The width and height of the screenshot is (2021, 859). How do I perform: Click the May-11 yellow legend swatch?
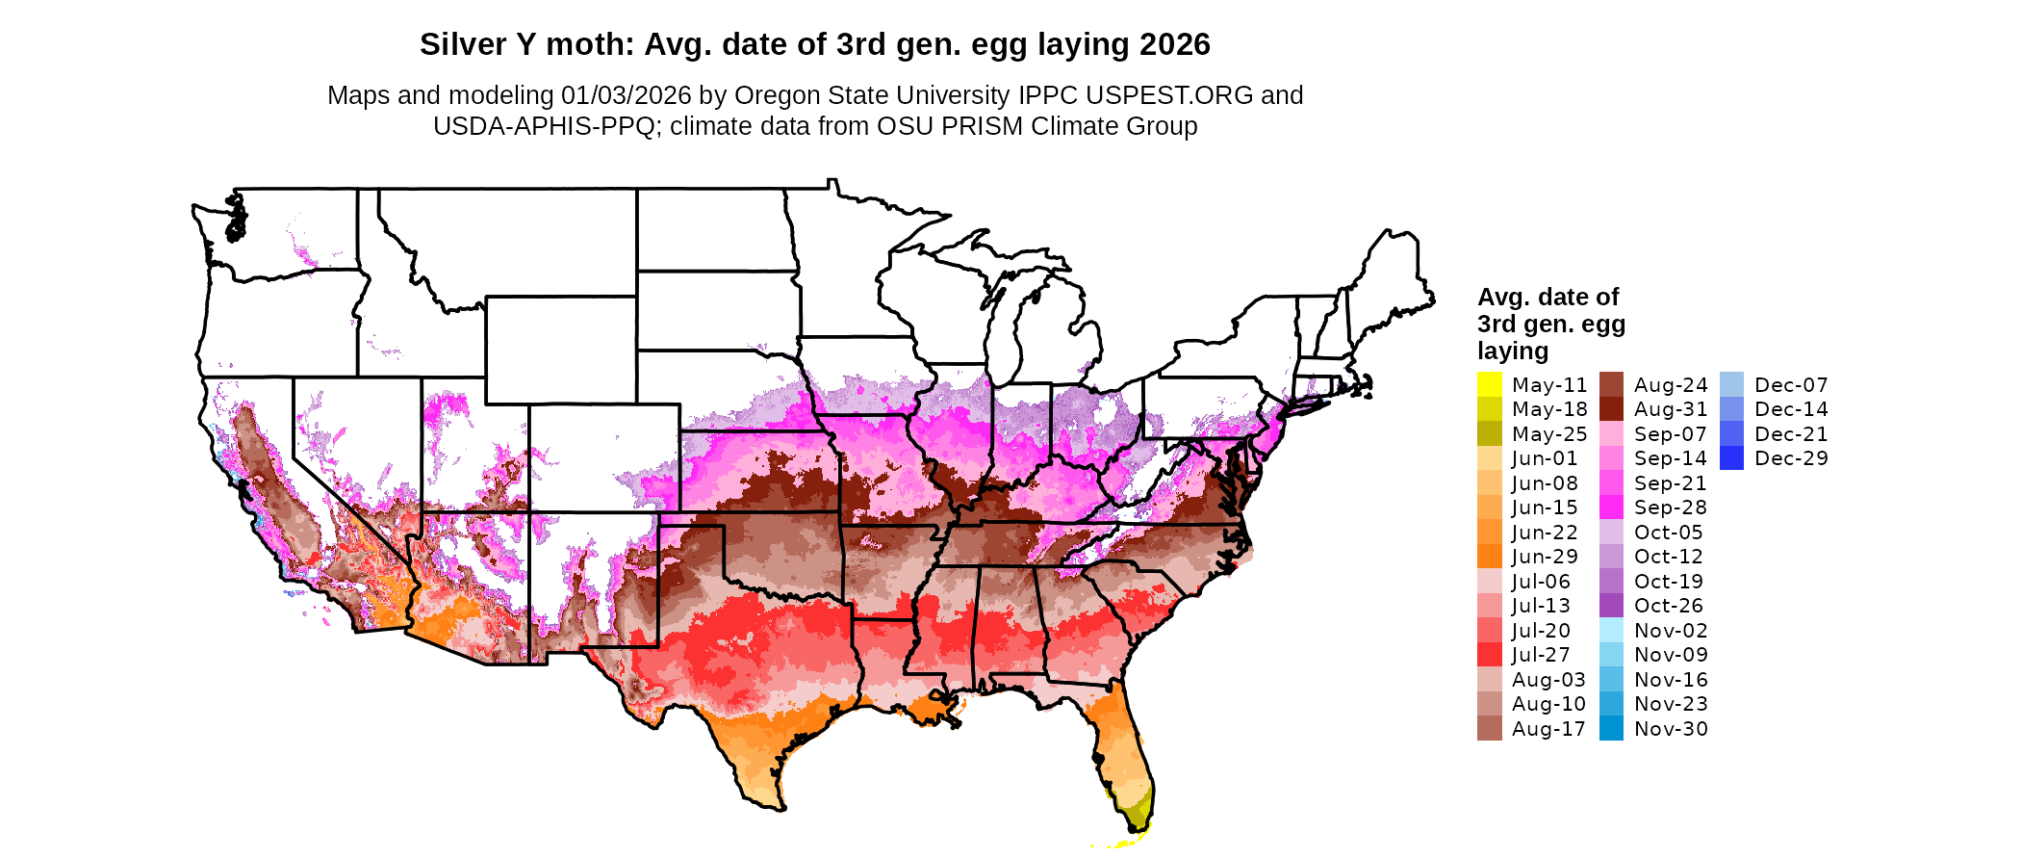tap(1489, 385)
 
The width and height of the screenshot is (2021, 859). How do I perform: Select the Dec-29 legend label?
tap(1791, 458)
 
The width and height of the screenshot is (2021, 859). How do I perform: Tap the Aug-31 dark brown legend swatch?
tap(1611, 409)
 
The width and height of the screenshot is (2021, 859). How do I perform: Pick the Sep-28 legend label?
tap(1670, 508)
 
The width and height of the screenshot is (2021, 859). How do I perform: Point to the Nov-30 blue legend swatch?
tap(1611, 729)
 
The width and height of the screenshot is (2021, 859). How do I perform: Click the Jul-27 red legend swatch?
tap(1489, 655)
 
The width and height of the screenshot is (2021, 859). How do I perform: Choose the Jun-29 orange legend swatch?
tap(1489, 557)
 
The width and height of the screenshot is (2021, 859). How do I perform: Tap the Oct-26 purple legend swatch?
tap(1611, 606)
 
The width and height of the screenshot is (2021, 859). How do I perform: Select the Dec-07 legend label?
tap(1791, 385)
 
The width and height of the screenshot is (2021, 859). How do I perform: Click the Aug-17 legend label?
tap(1548, 729)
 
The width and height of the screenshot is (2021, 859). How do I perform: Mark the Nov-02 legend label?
tap(1671, 631)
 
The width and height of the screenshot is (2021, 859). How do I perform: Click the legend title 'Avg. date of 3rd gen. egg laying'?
tap(1550, 324)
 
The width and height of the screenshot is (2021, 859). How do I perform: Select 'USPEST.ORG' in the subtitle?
tap(1169, 95)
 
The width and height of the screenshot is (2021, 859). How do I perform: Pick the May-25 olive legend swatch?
tap(1489, 434)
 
